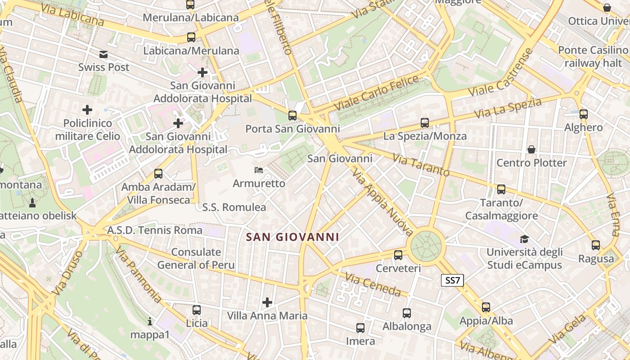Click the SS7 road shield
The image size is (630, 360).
(x=452, y=281)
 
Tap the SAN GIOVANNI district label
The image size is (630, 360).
(x=292, y=237)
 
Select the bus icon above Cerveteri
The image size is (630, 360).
(x=398, y=255)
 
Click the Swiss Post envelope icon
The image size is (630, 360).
(x=104, y=55)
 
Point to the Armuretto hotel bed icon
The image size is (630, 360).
(x=259, y=170)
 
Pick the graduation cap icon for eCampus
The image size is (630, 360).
(x=524, y=239)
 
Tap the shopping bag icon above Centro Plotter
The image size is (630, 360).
(x=531, y=149)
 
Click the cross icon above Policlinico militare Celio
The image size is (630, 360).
(x=87, y=109)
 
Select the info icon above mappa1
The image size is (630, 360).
(x=150, y=321)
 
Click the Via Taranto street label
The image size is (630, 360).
(x=421, y=165)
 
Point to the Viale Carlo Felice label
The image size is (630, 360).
(x=377, y=93)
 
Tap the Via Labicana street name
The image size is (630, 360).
(x=72, y=15)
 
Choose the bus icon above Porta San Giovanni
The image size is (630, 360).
(x=292, y=116)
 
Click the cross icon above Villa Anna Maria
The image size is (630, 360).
(x=267, y=302)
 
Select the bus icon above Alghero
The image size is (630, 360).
(x=584, y=114)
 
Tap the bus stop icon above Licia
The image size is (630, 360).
(x=197, y=310)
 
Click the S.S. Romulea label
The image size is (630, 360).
(x=234, y=207)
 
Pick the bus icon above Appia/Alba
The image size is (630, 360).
(x=486, y=307)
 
